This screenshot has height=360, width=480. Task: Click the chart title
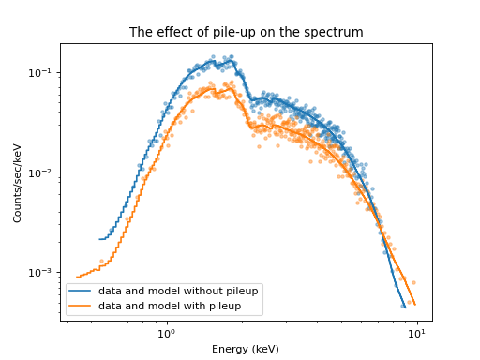pos(246,33)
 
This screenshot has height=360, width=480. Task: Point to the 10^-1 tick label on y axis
pos(42,73)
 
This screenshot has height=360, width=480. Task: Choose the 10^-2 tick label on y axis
pos(42,172)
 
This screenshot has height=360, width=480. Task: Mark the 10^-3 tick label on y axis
pos(42,273)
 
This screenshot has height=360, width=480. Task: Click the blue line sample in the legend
pos(80,292)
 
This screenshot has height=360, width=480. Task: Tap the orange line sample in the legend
pos(80,306)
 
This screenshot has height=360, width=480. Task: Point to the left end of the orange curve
pos(78,277)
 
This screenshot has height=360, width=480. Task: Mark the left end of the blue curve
pos(99,239)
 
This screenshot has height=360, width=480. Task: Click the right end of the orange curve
pos(415,304)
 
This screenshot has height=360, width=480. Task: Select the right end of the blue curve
pos(405,307)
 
